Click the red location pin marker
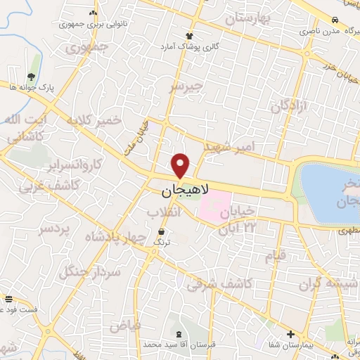pos(181,166)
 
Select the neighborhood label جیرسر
pos(186,86)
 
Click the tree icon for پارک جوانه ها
pos(30,77)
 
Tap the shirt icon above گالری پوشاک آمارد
pos(188,36)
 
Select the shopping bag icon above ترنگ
pos(162,231)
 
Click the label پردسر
pos(53,229)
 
